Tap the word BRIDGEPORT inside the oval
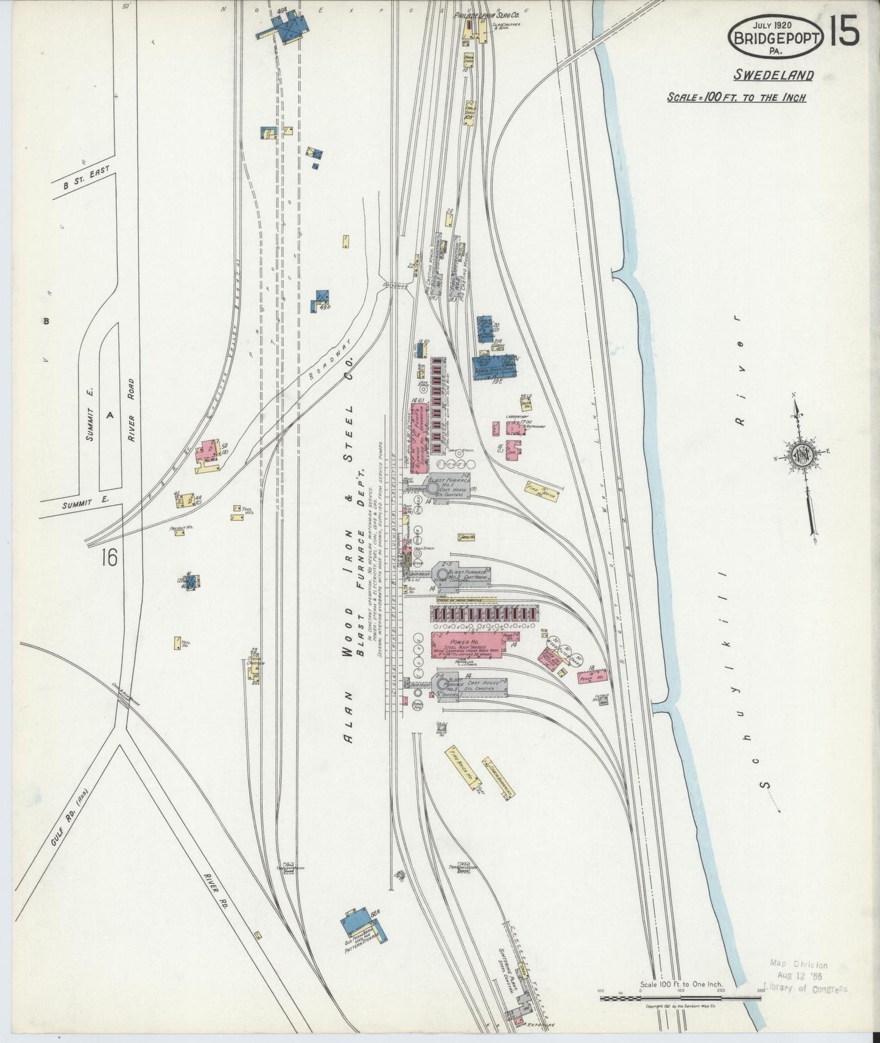[776, 38]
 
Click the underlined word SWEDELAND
[773, 75]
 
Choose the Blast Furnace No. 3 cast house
[468, 686]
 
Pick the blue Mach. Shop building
[494, 368]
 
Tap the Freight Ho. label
[181, 528]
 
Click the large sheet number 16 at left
[113, 556]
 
